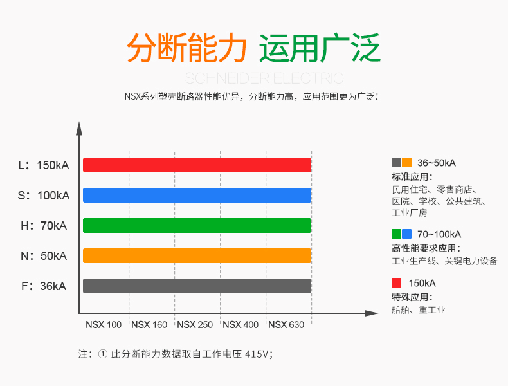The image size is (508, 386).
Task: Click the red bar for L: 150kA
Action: pos(197,165)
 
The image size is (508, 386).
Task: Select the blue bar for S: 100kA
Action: pos(197,195)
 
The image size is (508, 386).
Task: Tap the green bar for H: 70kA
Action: pos(197,226)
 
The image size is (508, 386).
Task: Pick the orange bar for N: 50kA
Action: pos(197,255)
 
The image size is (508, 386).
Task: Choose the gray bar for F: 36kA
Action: pos(197,286)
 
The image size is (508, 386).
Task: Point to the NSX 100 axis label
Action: pos(104,324)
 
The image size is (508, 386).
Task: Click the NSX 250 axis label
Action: pos(195,324)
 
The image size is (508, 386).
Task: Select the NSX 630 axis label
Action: pos(286,324)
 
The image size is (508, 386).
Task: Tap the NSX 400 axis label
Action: pos(240,324)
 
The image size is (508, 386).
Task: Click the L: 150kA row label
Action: pos(44,165)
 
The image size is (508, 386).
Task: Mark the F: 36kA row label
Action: pos(44,286)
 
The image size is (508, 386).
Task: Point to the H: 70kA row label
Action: pos(44,226)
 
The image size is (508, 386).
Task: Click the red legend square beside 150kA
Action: pos(397,283)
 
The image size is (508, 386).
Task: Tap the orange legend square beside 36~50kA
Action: pos(406,162)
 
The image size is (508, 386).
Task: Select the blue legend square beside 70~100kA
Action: pos(406,234)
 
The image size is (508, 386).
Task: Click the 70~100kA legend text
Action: pos(439,234)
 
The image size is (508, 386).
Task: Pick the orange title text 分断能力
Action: pos(186,48)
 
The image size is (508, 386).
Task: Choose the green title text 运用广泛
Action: pos(320,48)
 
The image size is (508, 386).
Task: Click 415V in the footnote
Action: pos(257,354)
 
